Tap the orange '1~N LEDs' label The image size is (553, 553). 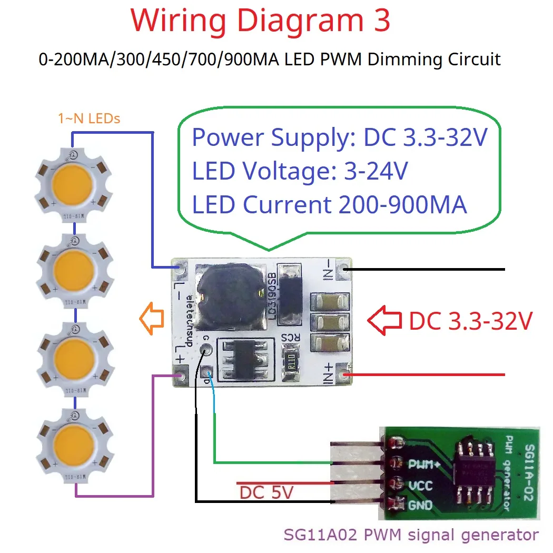[89, 118]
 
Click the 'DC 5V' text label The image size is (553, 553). [266, 493]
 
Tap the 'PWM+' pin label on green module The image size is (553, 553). [424, 465]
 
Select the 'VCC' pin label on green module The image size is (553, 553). [421, 485]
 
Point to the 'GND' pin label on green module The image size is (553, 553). [420, 505]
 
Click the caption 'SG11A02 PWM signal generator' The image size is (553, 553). [411, 535]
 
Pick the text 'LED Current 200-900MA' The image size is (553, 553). [330, 205]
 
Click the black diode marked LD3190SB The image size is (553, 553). [290, 297]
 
